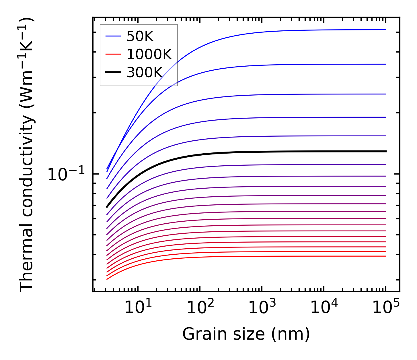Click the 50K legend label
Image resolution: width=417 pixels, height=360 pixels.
coord(140,36)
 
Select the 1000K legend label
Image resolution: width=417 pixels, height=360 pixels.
coord(149,55)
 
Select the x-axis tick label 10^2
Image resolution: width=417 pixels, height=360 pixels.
coord(200,308)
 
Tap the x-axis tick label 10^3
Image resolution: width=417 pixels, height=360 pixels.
coord(262,308)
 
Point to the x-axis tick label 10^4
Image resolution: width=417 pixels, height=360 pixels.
coord(324,308)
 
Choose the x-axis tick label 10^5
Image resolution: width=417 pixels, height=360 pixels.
coord(386,308)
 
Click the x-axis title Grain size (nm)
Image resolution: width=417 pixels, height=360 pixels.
coord(246,334)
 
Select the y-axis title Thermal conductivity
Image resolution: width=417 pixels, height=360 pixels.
coord(27,155)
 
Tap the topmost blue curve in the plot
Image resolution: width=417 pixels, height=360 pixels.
coord(258,32)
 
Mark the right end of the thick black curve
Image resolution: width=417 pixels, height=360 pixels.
coord(386,151)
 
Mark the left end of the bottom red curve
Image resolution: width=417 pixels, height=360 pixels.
coord(107,279)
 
